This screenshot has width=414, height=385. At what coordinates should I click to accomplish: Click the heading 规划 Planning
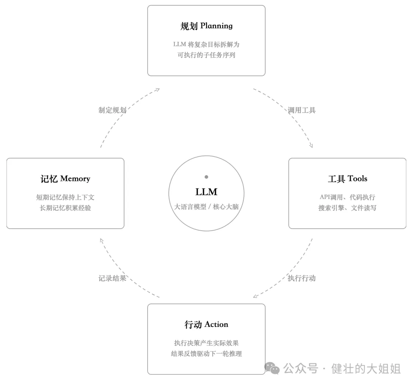pyautogui.click(x=207, y=26)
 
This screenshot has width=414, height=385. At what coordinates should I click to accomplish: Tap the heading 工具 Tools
pyautogui.click(x=347, y=179)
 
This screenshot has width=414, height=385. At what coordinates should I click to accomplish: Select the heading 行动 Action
pyautogui.click(x=207, y=324)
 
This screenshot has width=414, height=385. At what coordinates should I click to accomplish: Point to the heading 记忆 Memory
pyautogui.click(x=65, y=179)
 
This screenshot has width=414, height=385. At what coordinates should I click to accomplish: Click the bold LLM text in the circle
pyautogui.click(x=207, y=192)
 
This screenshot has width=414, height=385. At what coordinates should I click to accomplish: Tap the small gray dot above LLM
pyautogui.click(x=207, y=177)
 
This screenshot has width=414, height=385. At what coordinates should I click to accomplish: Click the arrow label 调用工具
pyautogui.click(x=302, y=110)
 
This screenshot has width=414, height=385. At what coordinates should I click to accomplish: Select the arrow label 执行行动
pyautogui.click(x=302, y=278)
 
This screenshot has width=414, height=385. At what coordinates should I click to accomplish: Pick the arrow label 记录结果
pyautogui.click(x=112, y=278)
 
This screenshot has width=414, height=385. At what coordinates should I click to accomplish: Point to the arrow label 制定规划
pyautogui.click(x=112, y=110)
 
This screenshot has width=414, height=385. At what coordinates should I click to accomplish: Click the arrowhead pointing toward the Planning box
pyautogui.click(x=158, y=90)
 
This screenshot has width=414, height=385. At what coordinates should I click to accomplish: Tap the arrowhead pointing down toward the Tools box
pyautogui.click(x=311, y=145)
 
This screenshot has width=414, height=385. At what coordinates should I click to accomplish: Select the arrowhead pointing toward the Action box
pyautogui.click(x=256, y=296)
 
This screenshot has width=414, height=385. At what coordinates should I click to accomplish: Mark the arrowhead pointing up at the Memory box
pyautogui.click(x=102, y=241)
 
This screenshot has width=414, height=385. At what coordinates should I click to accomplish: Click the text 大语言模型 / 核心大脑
pyautogui.click(x=207, y=206)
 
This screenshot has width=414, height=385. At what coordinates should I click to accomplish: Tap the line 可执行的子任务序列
pyautogui.click(x=207, y=55)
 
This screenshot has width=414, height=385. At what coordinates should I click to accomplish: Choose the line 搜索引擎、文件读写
pyautogui.click(x=347, y=208)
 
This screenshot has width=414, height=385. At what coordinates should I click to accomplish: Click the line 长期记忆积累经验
pyautogui.click(x=65, y=208)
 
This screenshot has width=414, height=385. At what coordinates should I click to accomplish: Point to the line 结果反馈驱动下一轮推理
pyautogui.click(x=207, y=354)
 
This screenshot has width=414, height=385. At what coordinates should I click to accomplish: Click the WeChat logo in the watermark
pyautogui.click(x=272, y=368)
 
